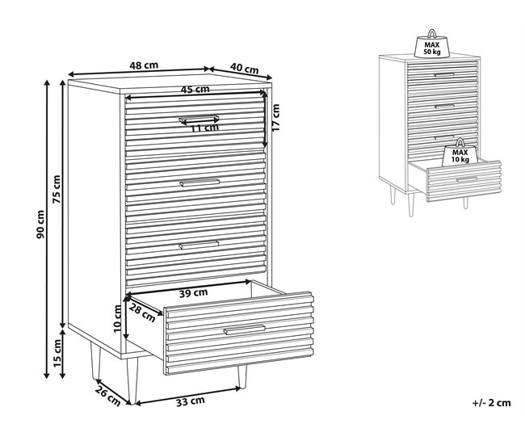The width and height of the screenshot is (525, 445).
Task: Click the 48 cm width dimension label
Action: pyautogui.click(x=144, y=65)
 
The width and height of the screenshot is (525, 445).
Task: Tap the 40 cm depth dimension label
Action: pyautogui.click(x=245, y=69)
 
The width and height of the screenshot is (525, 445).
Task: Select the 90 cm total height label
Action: pyautogui.click(x=40, y=225)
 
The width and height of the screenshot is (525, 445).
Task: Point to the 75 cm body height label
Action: pyautogui.click(x=57, y=189)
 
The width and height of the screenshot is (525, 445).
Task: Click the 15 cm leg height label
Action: pyautogui.click(x=57, y=353)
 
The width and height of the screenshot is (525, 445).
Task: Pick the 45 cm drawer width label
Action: pyautogui.click(x=195, y=90)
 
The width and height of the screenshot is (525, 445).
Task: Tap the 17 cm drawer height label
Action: pyautogui.click(x=275, y=118)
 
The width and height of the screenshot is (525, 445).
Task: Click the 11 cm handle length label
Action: pyautogui.click(x=204, y=128)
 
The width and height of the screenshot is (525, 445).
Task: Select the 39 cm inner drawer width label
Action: pyautogui.click(x=193, y=293)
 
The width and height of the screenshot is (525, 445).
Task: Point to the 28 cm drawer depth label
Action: pyautogui.click(x=142, y=313)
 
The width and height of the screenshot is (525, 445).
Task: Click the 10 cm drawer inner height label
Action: pyautogui.click(x=117, y=318)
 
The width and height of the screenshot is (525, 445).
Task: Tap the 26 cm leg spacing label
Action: pyautogui.click(x=107, y=396)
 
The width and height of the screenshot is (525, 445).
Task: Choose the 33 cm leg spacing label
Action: pyautogui.click(x=190, y=401)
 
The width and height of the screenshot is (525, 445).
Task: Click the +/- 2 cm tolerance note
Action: pyautogui.click(x=492, y=402)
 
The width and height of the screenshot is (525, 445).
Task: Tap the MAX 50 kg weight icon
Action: pyautogui.click(x=432, y=44)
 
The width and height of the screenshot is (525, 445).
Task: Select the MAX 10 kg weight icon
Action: pyautogui.click(x=460, y=153)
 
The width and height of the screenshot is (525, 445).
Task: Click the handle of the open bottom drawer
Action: pyautogui.click(x=245, y=330)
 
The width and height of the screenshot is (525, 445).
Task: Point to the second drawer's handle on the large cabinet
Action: pyautogui.click(x=199, y=183)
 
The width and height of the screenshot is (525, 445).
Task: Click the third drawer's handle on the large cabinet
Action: pyautogui.click(x=199, y=245)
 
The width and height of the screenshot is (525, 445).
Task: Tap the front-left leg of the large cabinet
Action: pyautogui.click(x=132, y=380)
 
